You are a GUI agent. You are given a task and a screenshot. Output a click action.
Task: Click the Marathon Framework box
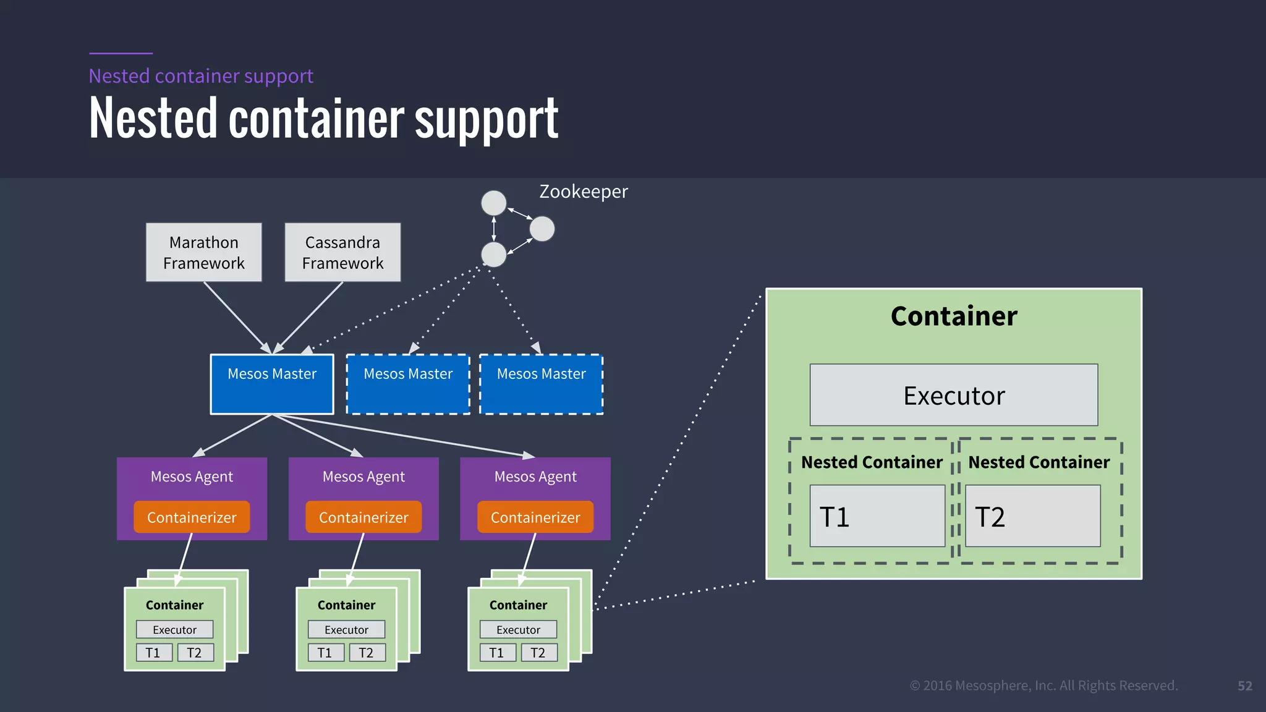[x=204, y=252]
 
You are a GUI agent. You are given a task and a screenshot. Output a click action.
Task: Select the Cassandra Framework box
[x=342, y=252]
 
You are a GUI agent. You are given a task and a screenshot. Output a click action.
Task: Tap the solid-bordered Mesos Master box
[x=272, y=384]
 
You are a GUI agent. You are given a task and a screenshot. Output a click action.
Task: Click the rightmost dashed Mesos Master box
[x=541, y=384]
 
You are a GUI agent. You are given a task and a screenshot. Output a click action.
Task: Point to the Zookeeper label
[x=583, y=192]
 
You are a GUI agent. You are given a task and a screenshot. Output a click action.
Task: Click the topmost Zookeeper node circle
[x=494, y=203]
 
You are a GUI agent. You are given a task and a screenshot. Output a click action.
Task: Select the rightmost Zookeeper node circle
[x=542, y=229]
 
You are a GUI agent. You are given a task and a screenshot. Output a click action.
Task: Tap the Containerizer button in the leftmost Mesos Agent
[x=192, y=517]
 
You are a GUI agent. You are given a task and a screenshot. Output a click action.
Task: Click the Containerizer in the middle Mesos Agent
[x=363, y=517]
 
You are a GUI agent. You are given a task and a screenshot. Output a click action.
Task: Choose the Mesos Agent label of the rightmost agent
[x=535, y=477]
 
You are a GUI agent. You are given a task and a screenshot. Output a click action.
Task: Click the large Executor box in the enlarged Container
[x=954, y=395]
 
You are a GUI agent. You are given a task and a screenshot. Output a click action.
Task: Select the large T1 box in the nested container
[x=877, y=516]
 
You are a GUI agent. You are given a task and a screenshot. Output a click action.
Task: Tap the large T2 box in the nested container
[x=1032, y=516]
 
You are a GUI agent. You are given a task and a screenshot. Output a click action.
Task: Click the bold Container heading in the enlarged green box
[x=954, y=316]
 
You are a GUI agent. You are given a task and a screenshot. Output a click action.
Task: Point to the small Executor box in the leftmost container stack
[x=174, y=630]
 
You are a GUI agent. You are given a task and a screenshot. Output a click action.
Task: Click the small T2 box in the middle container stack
[x=367, y=653]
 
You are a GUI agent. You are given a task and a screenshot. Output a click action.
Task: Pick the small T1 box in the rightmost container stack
[x=497, y=653]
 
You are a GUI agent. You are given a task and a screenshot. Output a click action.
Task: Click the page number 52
[x=1244, y=686]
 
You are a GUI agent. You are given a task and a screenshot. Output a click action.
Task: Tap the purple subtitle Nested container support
[x=201, y=76]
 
